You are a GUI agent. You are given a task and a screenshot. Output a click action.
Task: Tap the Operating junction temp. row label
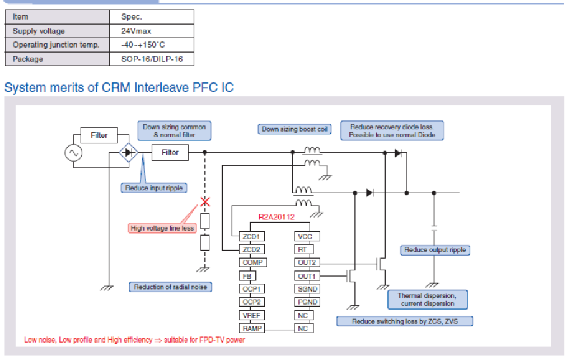pos(56,45)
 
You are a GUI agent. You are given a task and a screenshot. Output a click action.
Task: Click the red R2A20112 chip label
pos(277,216)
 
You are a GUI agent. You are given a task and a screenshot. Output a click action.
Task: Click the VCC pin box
pos(305,237)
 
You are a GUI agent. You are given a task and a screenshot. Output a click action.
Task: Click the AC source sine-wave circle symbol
pos(73,152)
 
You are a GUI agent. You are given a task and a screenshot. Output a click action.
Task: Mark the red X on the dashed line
pos(205,202)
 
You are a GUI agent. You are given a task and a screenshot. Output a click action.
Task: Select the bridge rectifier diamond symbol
pos(128,152)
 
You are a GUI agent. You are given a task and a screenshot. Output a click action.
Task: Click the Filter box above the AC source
pos(99,135)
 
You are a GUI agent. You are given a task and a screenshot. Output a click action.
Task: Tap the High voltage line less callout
pos(162,228)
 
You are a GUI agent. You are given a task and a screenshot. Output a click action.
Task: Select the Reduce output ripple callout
pos(434,250)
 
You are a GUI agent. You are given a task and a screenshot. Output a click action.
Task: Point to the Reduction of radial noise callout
pos(170,287)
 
